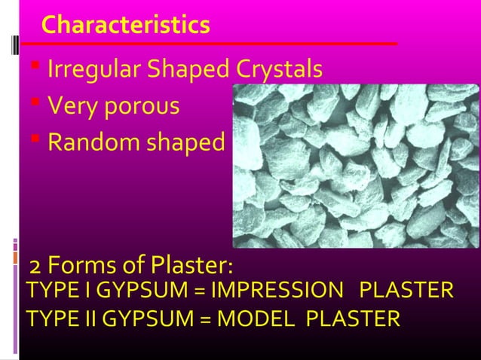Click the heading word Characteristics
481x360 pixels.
coord(126,25)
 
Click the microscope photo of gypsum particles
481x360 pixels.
coord(354,166)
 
